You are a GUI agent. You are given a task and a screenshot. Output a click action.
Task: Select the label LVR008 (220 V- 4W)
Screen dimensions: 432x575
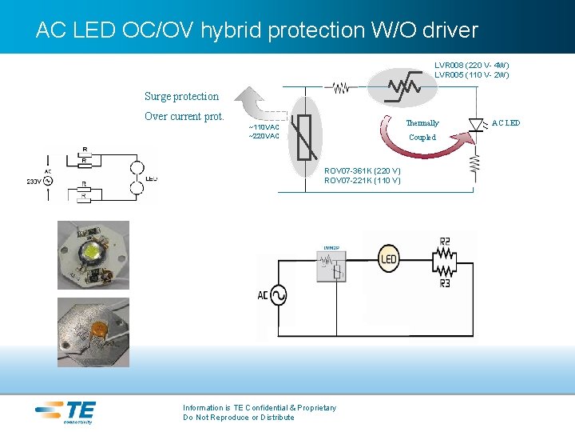tap(471, 65)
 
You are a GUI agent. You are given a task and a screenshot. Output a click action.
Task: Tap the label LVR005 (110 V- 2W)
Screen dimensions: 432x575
tap(471, 75)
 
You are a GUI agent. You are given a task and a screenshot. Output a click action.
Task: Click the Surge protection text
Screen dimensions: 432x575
tap(181, 97)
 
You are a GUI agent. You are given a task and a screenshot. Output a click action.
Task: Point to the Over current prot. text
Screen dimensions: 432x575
tap(184, 117)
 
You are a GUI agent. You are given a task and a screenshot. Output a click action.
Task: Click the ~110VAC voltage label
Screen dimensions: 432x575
tap(264, 127)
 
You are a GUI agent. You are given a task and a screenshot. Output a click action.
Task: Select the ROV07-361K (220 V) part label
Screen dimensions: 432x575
tap(363, 171)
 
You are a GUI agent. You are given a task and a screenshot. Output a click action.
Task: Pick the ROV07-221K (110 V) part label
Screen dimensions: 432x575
tap(363, 181)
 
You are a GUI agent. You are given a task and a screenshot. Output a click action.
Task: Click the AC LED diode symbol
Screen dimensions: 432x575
tap(477, 123)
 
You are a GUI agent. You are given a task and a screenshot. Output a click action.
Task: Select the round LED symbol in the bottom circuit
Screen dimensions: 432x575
tap(388, 259)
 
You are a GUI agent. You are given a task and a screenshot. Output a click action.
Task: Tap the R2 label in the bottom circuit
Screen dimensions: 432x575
tap(445, 241)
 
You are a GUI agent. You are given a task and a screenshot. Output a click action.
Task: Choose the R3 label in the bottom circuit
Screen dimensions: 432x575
tap(445, 283)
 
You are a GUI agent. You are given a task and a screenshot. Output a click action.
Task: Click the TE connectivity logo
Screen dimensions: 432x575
tap(66, 411)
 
